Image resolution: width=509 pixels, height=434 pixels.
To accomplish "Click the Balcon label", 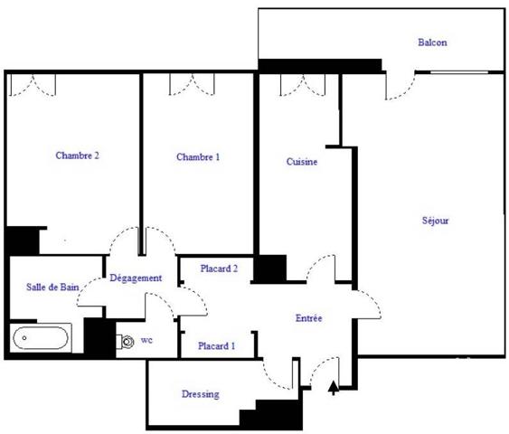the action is [432, 42].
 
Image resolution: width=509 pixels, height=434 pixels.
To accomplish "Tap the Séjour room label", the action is [435, 221].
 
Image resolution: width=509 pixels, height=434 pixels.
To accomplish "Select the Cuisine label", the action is [302, 162].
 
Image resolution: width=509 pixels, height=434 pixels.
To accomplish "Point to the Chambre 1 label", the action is [198, 157].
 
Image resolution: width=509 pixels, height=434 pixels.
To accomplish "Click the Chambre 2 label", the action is [77, 156].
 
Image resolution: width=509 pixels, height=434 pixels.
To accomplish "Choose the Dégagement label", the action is [136, 278].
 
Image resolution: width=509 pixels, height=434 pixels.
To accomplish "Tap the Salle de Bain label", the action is [52, 287].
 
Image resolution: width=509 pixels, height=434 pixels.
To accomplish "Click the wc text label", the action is [146, 340].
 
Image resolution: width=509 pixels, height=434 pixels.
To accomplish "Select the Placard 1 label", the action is [216, 346].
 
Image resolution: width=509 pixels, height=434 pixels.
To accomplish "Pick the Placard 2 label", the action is [219, 269].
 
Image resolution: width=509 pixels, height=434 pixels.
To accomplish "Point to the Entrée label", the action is [308, 318].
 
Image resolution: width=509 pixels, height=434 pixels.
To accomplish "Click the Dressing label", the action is [201, 394].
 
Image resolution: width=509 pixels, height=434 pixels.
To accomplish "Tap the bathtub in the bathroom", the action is [41, 338].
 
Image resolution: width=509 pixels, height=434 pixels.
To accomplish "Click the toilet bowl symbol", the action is [126, 342].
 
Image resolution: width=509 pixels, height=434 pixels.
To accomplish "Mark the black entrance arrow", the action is [334, 388].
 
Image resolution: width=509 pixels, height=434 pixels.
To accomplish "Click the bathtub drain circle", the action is [24, 338].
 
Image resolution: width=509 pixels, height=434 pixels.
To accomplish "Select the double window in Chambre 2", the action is [33, 85].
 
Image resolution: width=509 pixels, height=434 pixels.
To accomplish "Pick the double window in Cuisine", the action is [303, 85].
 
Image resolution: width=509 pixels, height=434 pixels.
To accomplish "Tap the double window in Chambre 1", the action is [192, 84].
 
